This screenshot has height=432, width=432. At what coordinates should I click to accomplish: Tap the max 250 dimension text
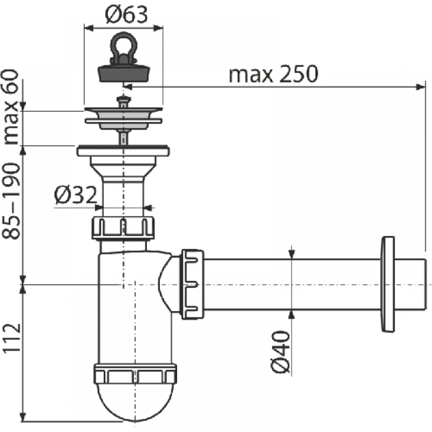point(273,74)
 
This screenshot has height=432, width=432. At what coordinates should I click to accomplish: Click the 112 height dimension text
point(12,338)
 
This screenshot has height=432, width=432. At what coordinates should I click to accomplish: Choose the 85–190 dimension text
point(12,201)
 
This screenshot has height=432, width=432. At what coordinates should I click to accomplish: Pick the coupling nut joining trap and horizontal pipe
point(192,284)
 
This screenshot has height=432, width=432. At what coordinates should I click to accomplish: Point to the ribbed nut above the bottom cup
point(135,373)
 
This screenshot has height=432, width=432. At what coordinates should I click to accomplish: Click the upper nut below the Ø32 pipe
point(123,228)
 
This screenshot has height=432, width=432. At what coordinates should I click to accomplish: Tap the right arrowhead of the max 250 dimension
point(420,87)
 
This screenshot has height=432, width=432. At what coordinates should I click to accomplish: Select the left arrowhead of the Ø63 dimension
point(89,28)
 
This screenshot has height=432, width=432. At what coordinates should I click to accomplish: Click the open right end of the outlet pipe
point(424,284)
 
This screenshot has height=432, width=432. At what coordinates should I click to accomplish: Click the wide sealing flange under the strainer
point(123,151)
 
